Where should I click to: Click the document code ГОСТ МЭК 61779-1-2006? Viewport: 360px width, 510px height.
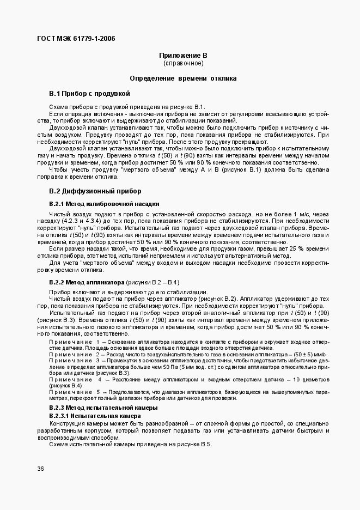76,38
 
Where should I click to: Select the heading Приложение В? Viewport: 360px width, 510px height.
183,56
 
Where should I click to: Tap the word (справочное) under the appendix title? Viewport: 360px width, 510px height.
183,63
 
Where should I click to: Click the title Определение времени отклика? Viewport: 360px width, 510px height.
183,78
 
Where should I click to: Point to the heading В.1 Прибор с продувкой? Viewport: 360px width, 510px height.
89,94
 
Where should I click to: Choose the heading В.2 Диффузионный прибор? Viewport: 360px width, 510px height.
95,191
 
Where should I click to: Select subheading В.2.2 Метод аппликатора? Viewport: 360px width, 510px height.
87,283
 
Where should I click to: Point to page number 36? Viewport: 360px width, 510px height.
41,469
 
